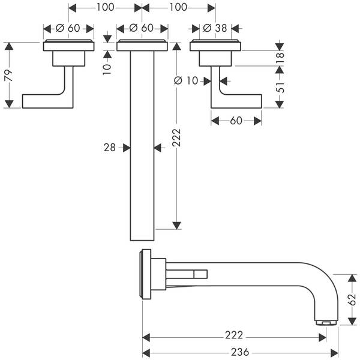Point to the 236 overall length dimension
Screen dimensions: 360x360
[x=239, y=353]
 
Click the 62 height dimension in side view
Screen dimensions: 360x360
[x=354, y=299]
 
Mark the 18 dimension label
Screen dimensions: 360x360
[x=280, y=58]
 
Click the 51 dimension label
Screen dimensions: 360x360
[x=280, y=86]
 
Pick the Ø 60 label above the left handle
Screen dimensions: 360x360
[x=68, y=28]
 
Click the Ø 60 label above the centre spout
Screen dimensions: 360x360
[x=142, y=28]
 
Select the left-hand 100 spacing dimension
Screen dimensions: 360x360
[x=105, y=8]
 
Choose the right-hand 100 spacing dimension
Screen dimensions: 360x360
[x=178, y=8]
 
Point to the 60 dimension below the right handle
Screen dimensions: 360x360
[x=236, y=121]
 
